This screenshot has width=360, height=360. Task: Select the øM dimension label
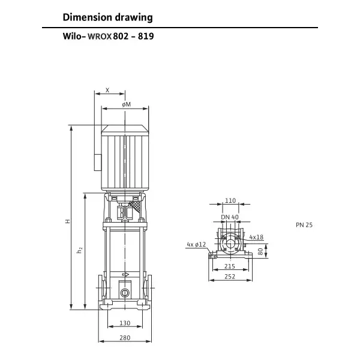125,105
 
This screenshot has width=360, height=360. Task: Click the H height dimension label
68,221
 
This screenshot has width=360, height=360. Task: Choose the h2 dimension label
80,250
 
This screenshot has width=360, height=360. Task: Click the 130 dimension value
125,323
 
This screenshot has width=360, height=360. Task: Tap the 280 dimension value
125,338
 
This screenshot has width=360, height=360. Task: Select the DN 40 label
229,217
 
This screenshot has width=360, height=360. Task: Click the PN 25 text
304,226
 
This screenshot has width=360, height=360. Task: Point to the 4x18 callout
256,237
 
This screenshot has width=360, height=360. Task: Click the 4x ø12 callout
196,244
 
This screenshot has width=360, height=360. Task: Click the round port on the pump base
125,293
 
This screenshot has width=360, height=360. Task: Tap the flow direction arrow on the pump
125,275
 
